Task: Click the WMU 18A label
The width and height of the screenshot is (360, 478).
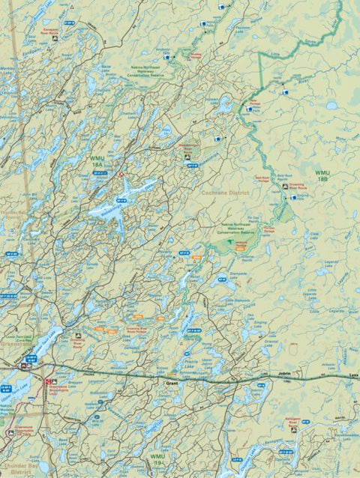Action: click(x=97, y=160)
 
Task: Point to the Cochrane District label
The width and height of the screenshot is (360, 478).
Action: click(x=225, y=193)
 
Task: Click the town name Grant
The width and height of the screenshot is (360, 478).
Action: click(x=170, y=382)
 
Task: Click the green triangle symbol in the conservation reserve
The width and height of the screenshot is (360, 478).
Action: click(x=229, y=243)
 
